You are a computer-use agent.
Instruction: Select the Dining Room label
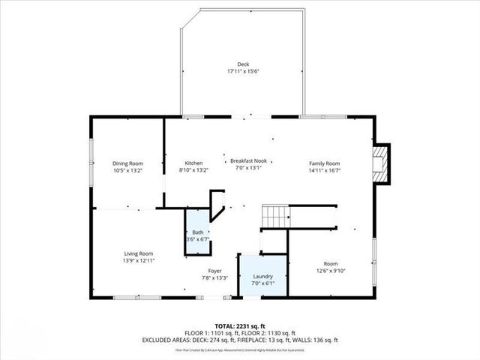(x=127, y=163)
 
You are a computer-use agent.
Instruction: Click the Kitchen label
(x=194, y=163)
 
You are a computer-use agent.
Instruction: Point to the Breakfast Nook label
(x=248, y=160)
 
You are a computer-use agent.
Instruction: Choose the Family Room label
(x=325, y=163)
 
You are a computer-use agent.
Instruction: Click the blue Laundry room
(x=262, y=277)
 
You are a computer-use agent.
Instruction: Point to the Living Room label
(x=139, y=253)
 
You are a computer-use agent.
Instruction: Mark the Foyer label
(x=215, y=271)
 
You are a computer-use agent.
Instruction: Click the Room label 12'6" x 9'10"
(x=331, y=264)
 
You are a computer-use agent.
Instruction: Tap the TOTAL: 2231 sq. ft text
(x=239, y=326)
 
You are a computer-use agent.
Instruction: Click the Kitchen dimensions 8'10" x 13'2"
(x=194, y=170)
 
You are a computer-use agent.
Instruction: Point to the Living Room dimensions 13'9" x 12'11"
(x=139, y=260)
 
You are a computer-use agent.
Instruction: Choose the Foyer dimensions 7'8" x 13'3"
(x=215, y=278)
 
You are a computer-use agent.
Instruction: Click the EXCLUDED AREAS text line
(x=239, y=340)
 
